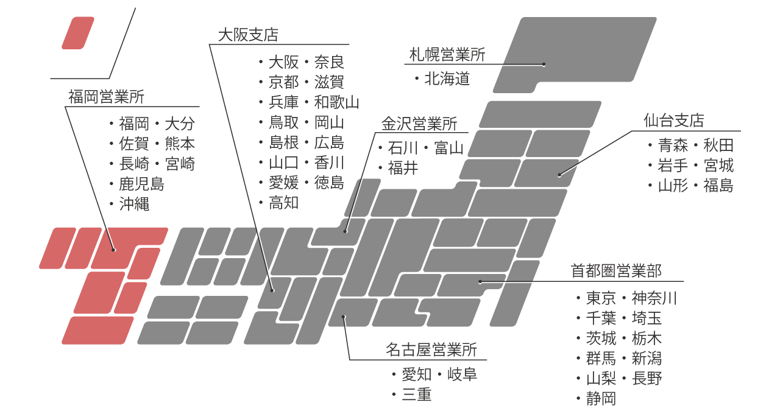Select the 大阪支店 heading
pos(247,35)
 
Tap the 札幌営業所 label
pos(447,55)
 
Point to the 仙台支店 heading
pos(673,121)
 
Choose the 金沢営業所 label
pos(419,124)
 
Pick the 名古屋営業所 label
pos(431,349)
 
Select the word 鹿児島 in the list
pos(141,184)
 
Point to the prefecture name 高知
pos(284,203)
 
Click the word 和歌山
pos(337,102)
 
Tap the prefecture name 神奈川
pos(654,298)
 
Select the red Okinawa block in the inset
pos(78,33)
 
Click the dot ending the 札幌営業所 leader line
pos(544,65)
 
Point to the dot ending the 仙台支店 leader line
pos(559,175)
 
